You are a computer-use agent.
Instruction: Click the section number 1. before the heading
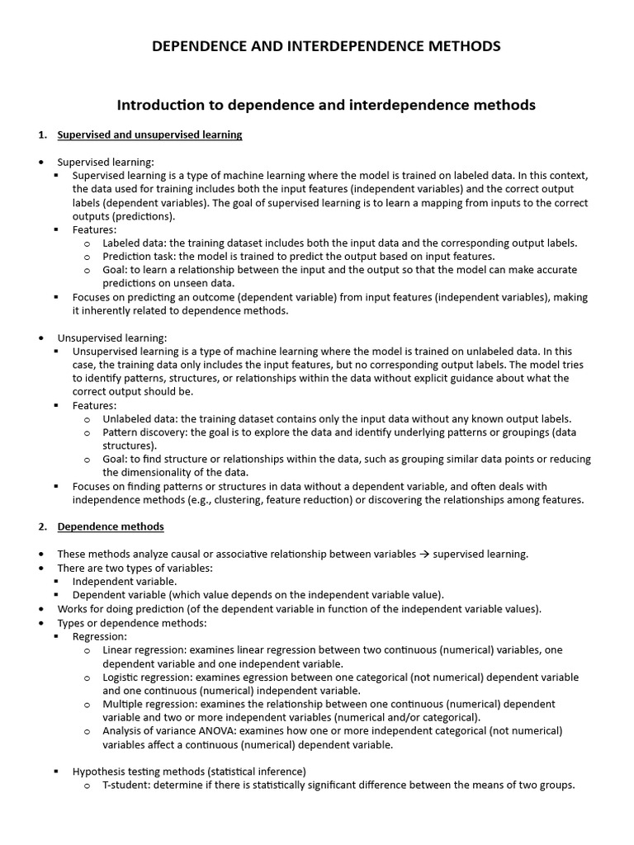[x=43, y=135]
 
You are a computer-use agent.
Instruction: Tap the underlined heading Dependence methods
[x=110, y=526]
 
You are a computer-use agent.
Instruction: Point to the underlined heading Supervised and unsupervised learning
[x=149, y=135]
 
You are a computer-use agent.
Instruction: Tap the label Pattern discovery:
[x=149, y=432]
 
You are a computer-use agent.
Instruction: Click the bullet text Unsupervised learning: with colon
[x=112, y=338]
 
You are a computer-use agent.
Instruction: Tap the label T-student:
[x=131, y=785]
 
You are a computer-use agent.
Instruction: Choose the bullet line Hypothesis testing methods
[x=189, y=772]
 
